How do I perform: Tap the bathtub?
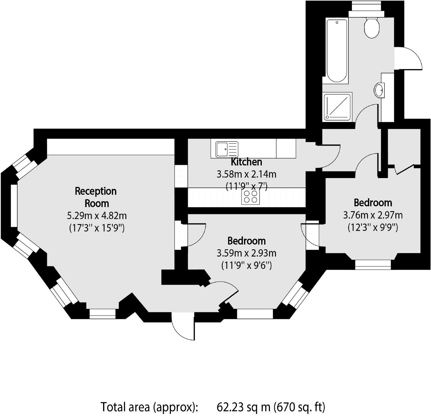(337, 51)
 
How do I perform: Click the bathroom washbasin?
(379, 90)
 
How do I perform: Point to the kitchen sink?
(227, 149)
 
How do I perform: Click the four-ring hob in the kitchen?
(250, 197)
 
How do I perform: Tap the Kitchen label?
(246, 162)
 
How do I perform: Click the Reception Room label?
(96, 197)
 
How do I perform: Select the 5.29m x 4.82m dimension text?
(97, 216)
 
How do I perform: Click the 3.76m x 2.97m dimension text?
(373, 215)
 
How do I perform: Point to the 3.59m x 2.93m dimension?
(246, 253)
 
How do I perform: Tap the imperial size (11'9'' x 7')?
(246, 186)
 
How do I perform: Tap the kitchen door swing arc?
(328, 156)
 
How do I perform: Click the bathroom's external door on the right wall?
(408, 58)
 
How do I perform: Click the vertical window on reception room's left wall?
(14, 205)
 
